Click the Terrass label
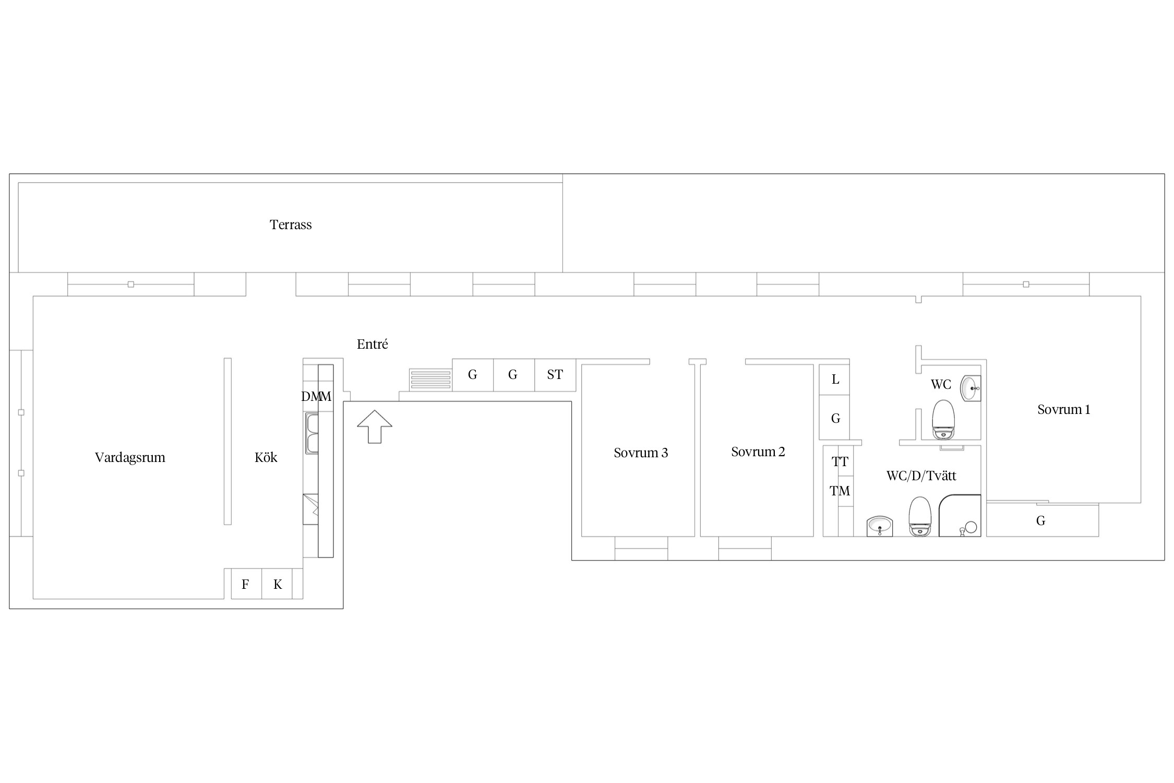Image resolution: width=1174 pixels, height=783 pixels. (x=291, y=224)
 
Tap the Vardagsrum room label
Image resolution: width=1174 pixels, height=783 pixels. (x=130, y=458)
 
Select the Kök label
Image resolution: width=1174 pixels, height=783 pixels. (x=266, y=458)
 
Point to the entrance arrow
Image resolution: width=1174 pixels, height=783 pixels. (x=375, y=426)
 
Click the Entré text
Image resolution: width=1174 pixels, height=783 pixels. (x=373, y=344)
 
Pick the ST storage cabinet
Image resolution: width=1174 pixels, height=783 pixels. (x=555, y=375)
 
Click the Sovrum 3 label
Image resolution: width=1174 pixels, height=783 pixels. (x=641, y=453)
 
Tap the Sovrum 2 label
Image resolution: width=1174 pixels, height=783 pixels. (x=758, y=452)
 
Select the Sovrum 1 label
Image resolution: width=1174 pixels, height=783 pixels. (x=1064, y=409)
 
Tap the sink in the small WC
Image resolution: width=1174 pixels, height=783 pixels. (x=971, y=388)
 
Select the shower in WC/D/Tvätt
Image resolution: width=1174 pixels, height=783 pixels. (x=960, y=516)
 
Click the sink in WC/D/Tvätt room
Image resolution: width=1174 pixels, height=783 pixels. (x=880, y=526)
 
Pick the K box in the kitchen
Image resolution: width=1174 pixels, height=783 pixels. (x=277, y=584)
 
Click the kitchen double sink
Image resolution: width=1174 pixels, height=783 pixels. (x=312, y=434)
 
